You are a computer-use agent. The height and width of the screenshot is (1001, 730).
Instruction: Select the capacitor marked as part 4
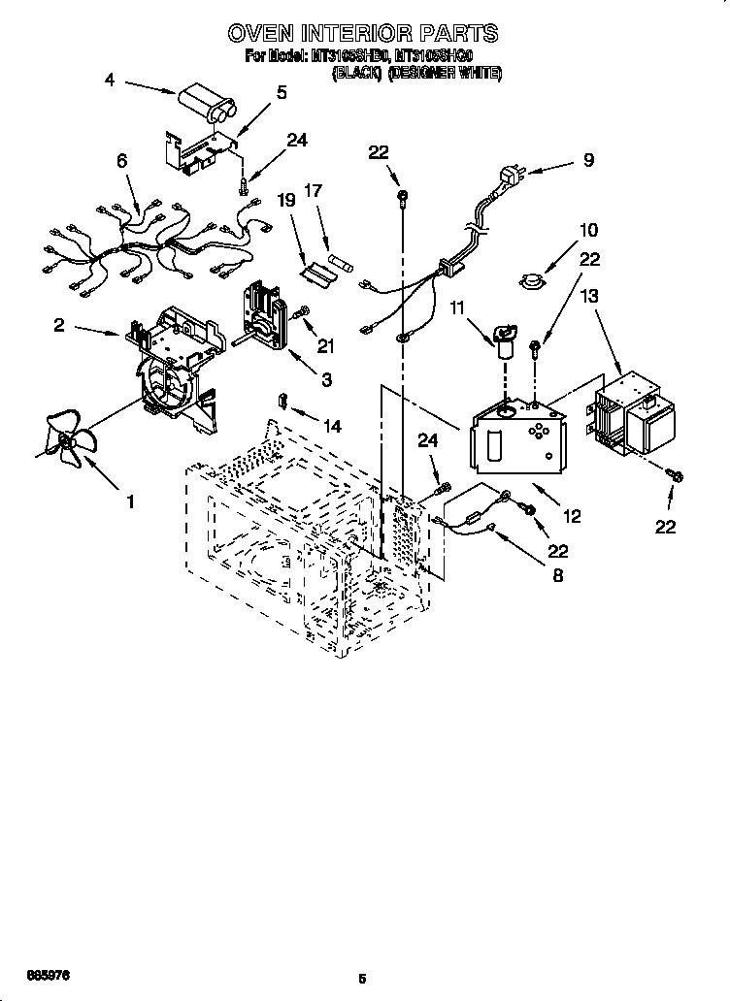pyautogui.click(x=205, y=103)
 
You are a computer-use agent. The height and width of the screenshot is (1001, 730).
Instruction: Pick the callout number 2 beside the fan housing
pyautogui.click(x=60, y=326)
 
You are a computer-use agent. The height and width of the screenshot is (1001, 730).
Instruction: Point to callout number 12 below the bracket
pyautogui.click(x=572, y=517)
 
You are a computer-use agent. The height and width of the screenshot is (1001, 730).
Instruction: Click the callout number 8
pyautogui.click(x=558, y=575)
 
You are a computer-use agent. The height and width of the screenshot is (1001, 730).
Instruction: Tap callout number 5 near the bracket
pyautogui.click(x=282, y=93)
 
